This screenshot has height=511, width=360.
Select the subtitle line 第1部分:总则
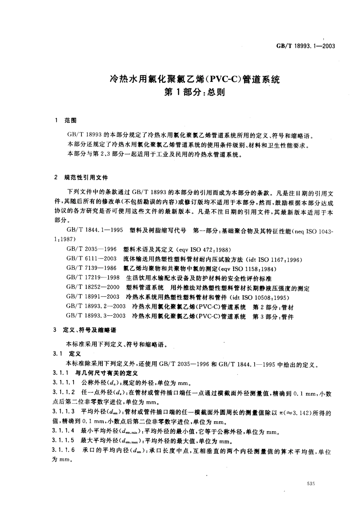(x=194, y=92)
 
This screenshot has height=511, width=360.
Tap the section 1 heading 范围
(x=70, y=121)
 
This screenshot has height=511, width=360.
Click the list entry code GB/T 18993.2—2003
(x=95, y=307)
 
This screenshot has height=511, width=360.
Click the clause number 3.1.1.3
(x=64, y=412)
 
